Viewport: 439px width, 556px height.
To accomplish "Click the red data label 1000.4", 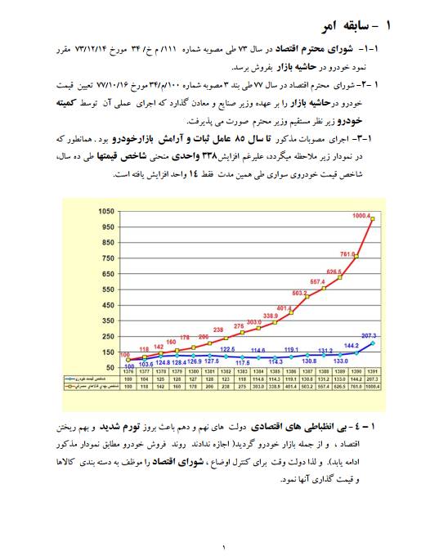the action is pyautogui.click(x=361, y=216).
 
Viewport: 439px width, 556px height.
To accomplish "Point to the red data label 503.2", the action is pyautogui.click(x=300, y=293).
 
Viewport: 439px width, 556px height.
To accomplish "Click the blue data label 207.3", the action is pyautogui.click(x=369, y=336).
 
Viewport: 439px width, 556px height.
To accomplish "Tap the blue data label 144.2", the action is pyautogui.click(x=352, y=345).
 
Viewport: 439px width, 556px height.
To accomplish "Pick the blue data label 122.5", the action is pyautogui.click(x=229, y=349).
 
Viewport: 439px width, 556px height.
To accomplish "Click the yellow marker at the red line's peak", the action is pyautogui.click(x=373, y=219).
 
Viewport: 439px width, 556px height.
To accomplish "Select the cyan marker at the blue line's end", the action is pyautogui.click(x=373, y=343).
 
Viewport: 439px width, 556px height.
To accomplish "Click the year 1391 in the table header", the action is pyautogui.click(x=373, y=372).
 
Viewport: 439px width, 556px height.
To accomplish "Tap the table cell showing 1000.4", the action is pyautogui.click(x=373, y=387).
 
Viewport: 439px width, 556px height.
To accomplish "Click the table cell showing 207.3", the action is pyautogui.click(x=373, y=379).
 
